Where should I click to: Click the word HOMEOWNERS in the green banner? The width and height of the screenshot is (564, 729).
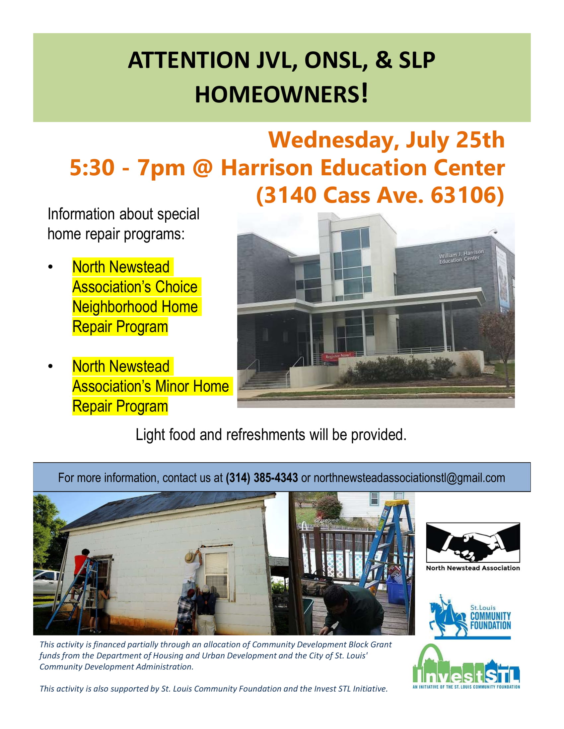pos(278,94)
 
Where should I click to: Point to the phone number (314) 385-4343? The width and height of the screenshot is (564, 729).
pos(262,477)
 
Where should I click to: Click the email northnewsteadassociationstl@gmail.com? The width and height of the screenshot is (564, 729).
pos(409,478)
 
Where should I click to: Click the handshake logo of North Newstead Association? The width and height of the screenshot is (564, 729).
pos(473,543)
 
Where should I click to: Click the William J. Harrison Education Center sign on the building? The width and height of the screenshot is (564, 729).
pos(461,256)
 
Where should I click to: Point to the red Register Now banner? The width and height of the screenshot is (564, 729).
pos(337,356)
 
